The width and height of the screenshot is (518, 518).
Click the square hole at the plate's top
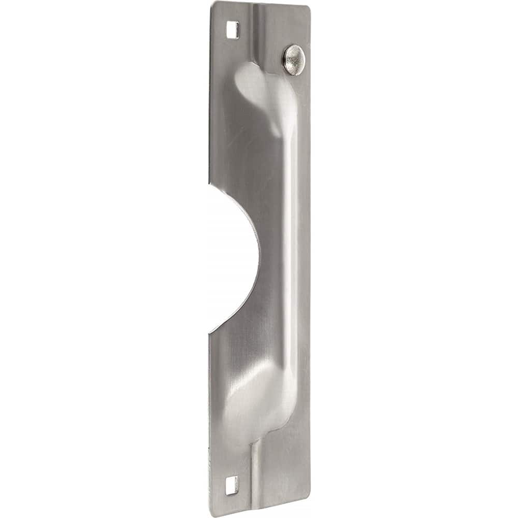pyautogui.click(x=233, y=30)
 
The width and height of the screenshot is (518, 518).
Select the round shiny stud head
pyautogui.click(x=294, y=60)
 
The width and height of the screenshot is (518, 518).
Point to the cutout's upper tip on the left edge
pyautogui.click(x=209, y=184)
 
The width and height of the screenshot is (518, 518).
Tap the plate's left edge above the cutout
pyautogui.click(x=210, y=104)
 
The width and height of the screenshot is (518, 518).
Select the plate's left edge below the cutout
pyautogui.click(x=210, y=414)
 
